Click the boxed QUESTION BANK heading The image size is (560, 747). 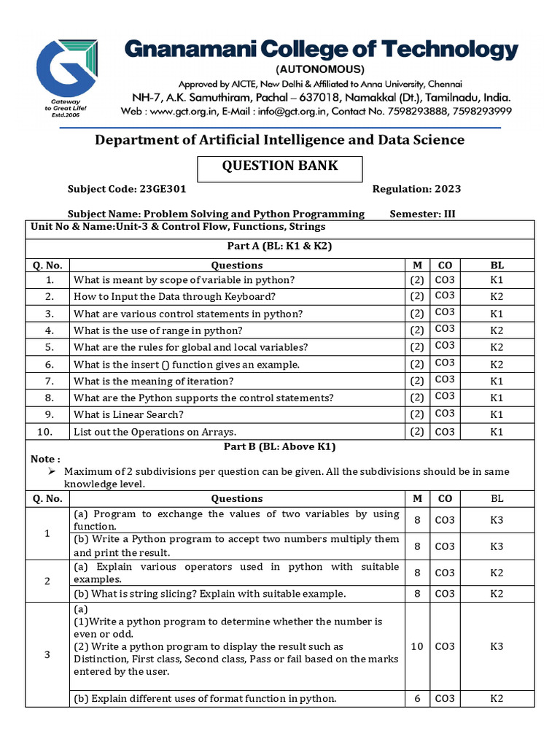click(280, 166)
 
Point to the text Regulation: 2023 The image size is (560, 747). click(416, 189)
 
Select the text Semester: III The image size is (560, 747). click(423, 214)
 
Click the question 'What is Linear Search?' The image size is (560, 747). click(128, 414)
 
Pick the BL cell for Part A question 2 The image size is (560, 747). click(497, 297)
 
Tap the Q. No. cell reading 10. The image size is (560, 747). click(47, 431)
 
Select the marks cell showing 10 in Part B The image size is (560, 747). click(417, 646)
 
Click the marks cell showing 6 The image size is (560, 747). click(417, 698)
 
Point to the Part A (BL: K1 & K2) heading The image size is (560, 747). click(280, 246)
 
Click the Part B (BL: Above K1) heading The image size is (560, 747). click(280, 446)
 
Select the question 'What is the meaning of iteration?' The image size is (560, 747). click(154, 381)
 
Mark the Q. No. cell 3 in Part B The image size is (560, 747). click(47, 654)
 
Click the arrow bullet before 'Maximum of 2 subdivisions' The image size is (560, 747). click(52, 471)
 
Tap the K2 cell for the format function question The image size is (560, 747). click(497, 698)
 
